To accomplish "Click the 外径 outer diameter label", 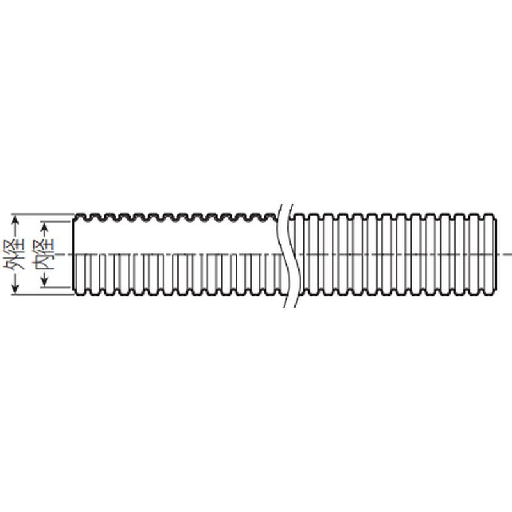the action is [x=14, y=255].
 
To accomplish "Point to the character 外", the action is [x=14, y=262].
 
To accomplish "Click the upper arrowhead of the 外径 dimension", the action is [x=15, y=222].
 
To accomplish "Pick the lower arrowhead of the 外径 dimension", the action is [x=15, y=287].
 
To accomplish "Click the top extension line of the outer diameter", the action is [x=43, y=214].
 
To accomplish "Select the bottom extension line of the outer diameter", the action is [x=43, y=295].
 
